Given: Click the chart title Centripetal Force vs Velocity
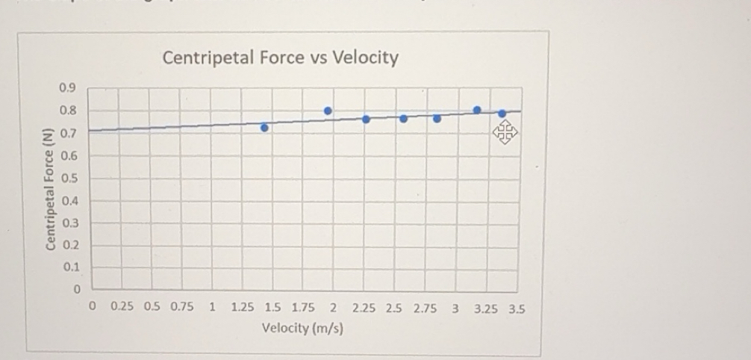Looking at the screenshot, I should tap(280, 58).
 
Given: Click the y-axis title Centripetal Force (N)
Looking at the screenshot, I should tap(50, 190).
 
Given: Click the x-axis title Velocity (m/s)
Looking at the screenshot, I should tap(302, 328).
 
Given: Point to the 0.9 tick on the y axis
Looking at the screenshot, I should tap(66, 88).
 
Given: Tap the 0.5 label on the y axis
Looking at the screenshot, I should tap(69, 179).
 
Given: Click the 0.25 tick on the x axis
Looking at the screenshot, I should tap(122, 307).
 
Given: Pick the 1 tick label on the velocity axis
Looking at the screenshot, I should tap(213, 307).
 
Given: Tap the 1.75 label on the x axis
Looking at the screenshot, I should tap(303, 307).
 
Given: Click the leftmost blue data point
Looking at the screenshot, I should tap(264, 128).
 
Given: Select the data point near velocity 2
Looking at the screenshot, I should tap(328, 111).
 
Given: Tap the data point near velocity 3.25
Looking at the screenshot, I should tap(477, 110).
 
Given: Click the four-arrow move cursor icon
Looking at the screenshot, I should tap(505, 134).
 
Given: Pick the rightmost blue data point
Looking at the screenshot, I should tap(502, 114).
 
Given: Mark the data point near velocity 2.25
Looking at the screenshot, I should tap(366, 120).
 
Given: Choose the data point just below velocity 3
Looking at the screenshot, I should tap(437, 118).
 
